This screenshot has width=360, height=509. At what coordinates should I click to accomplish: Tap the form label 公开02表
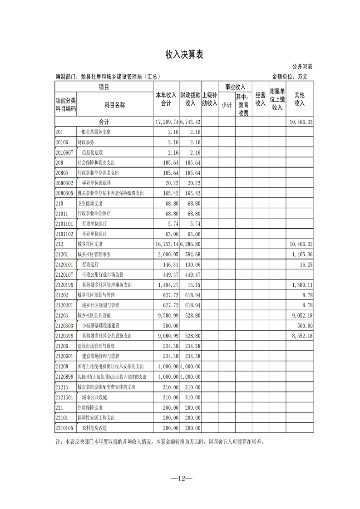(299, 67)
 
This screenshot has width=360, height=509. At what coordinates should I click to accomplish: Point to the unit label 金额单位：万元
(290, 77)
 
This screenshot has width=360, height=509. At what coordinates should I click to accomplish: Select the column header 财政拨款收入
(190, 99)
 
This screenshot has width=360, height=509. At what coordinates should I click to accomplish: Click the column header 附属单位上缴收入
(277, 99)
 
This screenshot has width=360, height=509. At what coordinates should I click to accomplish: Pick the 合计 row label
(104, 122)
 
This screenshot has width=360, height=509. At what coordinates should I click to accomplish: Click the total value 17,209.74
(167, 122)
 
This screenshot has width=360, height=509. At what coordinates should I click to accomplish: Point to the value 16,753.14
(167, 244)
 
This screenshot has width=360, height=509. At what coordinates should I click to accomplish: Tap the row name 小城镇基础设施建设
(100, 326)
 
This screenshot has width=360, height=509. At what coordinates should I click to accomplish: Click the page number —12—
(180, 478)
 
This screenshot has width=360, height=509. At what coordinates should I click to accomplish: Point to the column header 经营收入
(260, 99)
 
